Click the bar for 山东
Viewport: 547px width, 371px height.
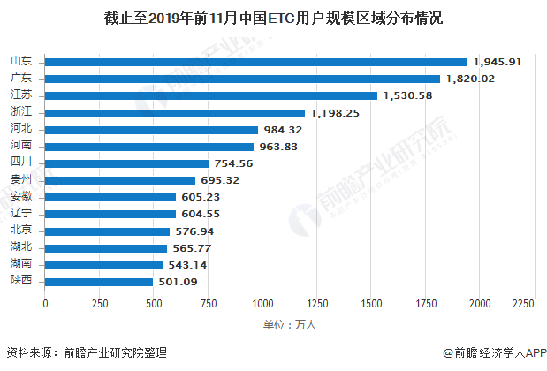pos(256,62)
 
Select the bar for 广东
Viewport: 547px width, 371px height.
pos(242,79)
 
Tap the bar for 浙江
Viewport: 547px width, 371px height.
pos(175,113)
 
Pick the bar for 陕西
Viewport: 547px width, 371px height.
pos(99,282)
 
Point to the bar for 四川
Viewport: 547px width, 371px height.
pos(126,163)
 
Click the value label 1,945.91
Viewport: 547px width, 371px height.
pos(498,62)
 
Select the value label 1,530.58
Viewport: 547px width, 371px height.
pos(407,95)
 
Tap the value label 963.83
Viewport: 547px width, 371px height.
pos(282,147)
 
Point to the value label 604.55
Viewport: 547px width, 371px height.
pos(203,214)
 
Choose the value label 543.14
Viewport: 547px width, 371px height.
pos(190,265)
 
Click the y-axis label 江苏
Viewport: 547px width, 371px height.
pos(22,95)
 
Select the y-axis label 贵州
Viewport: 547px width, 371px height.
pos(22,180)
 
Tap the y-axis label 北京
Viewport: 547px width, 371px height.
pos(22,231)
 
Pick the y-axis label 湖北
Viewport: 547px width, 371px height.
pos(22,247)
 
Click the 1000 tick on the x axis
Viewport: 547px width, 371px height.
pos(262,304)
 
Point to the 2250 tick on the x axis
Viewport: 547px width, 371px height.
pos(523,304)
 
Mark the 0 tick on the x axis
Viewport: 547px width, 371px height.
pos(45,304)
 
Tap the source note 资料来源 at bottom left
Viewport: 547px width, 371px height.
pos(85,352)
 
